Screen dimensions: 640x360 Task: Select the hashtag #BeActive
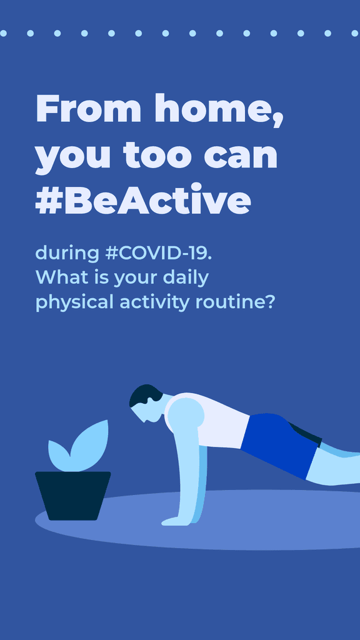(x=143, y=201)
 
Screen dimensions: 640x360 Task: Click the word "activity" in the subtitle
(x=154, y=302)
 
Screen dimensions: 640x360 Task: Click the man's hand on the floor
(x=175, y=521)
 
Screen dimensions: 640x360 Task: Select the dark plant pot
(x=72, y=495)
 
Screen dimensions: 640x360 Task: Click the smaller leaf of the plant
(x=59, y=455)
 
